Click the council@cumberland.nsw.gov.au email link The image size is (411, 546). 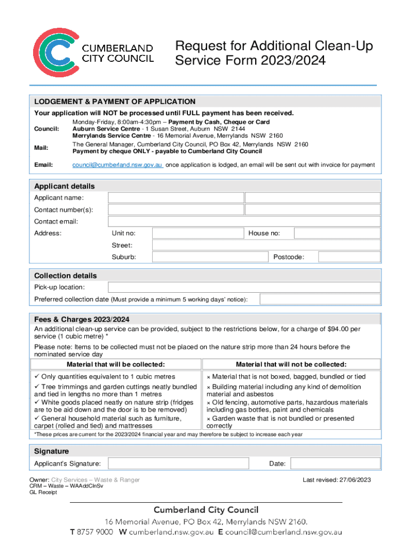[x=117, y=165]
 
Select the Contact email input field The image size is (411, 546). [x=244, y=221]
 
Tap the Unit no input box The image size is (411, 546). [x=197, y=233]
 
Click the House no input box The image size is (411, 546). [x=337, y=233]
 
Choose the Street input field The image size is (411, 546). [x=266, y=245]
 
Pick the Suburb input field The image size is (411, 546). [x=209, y=257]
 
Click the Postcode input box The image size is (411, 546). [x=349, y=257]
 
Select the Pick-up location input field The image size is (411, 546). [x=244, y=287]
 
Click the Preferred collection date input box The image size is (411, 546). [x=320, y=299]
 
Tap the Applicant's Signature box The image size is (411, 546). [x=178, y=463]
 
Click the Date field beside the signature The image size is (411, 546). [x=335, y=463]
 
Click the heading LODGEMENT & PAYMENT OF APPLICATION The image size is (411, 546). [x=115, y=101]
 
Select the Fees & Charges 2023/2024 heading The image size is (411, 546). [x=82, y=319]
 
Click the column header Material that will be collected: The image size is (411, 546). [x=115, y=365]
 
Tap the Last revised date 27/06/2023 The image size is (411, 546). [x=355, y=480]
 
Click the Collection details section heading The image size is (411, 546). [x=65, y=276]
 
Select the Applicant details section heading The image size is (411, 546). [x=64, y=186]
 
